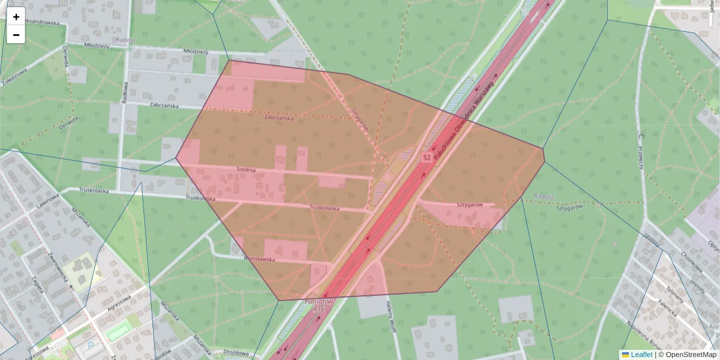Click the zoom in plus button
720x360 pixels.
[16, 17]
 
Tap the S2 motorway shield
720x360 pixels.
[427, 157]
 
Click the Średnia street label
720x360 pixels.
[246, 170]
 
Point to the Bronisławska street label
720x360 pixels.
[259, 259]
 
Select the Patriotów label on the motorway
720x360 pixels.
[319, 301]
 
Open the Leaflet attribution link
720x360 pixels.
[641, 355]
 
